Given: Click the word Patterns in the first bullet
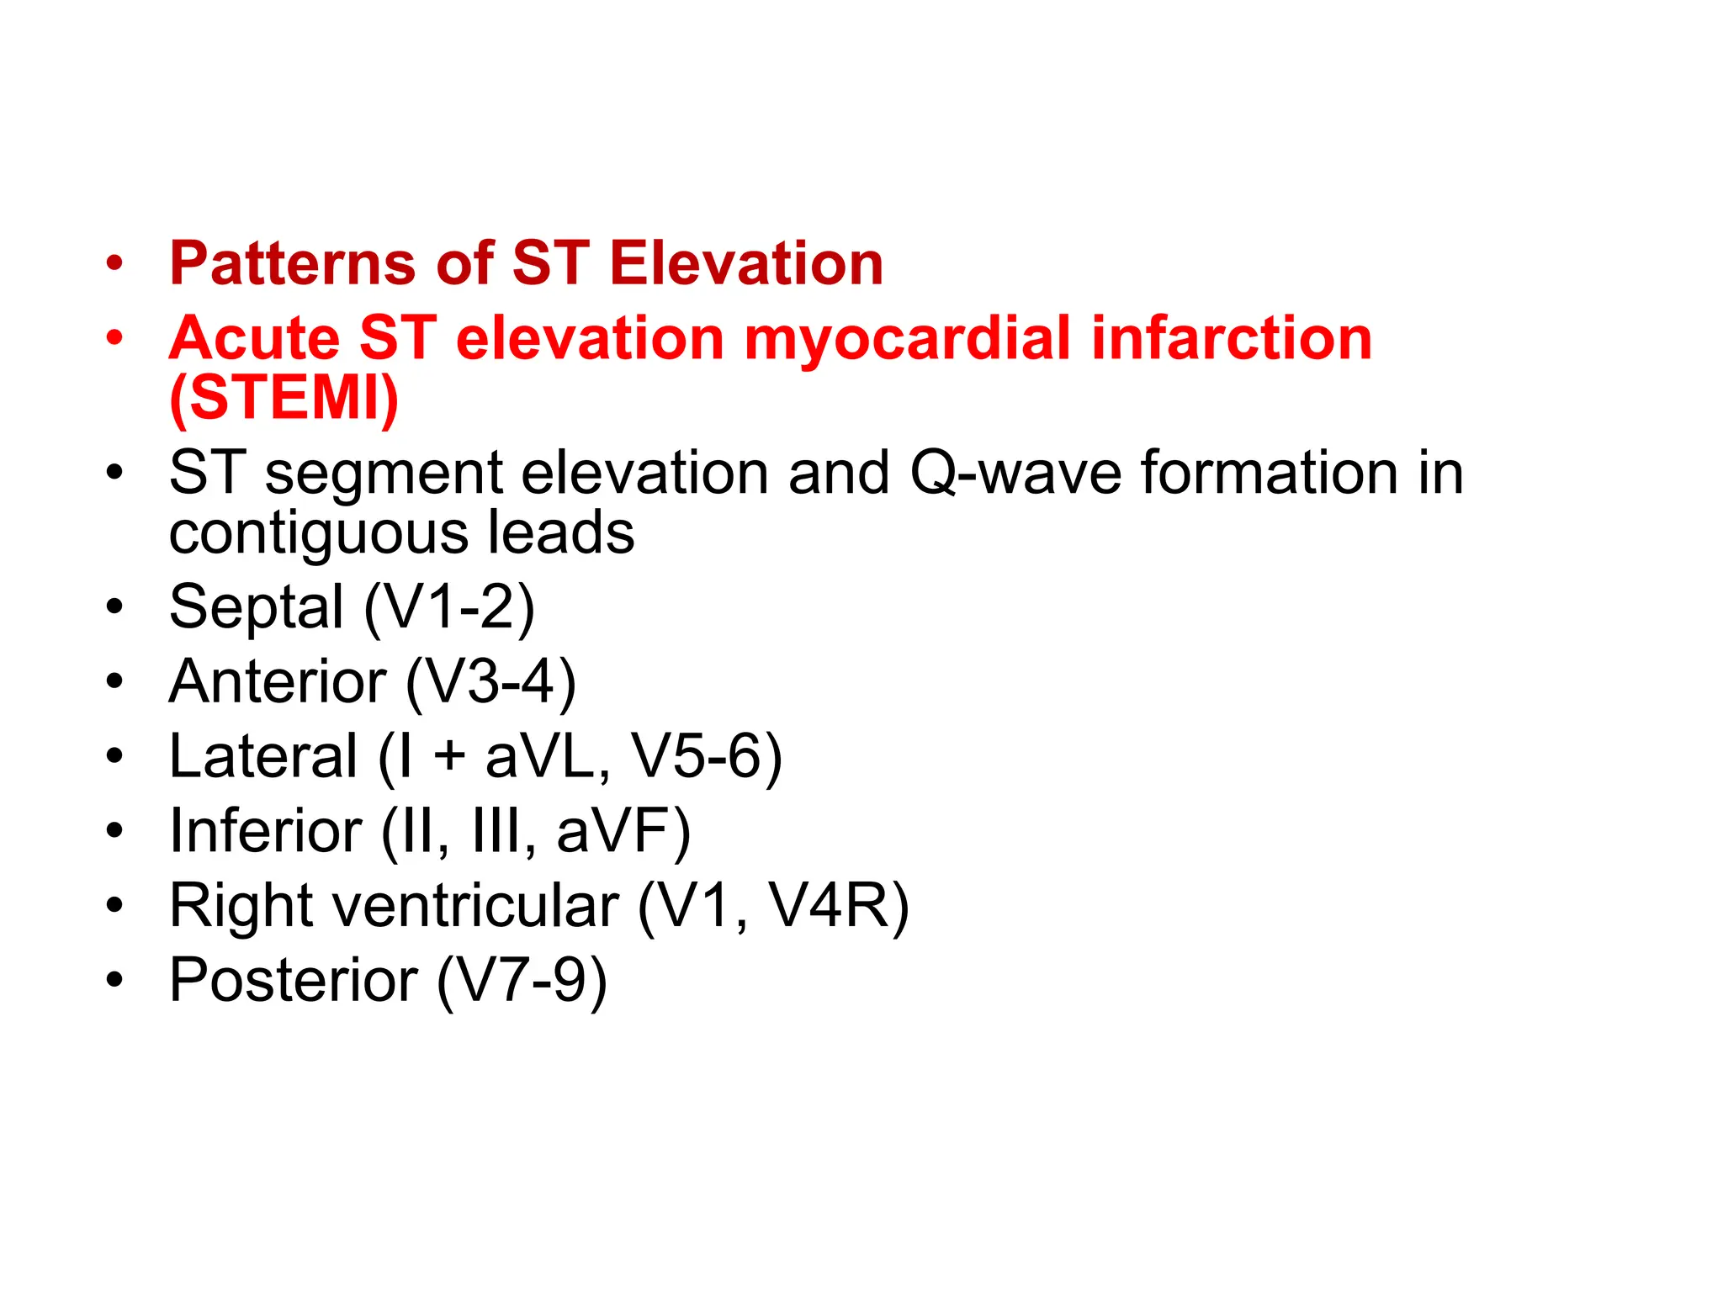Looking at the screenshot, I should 292,264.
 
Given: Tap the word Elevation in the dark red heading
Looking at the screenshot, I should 746,264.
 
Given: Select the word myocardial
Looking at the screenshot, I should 907,338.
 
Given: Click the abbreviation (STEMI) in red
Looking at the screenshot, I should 284,398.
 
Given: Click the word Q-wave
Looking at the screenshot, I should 1015,473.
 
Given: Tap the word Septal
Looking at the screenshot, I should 257,606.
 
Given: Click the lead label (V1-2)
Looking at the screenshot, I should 449,606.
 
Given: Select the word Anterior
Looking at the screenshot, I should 278,681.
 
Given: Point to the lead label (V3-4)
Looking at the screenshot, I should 490,681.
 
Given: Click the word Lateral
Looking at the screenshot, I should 263,756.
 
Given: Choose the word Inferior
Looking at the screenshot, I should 266,831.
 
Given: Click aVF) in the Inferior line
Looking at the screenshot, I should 623,831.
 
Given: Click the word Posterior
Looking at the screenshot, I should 294,981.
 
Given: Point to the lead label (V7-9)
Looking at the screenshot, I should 522,981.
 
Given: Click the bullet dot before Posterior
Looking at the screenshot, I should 114,979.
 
